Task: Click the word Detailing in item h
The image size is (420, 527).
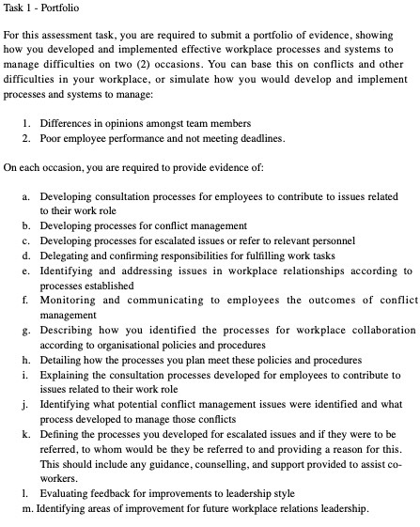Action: [61, 360]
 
